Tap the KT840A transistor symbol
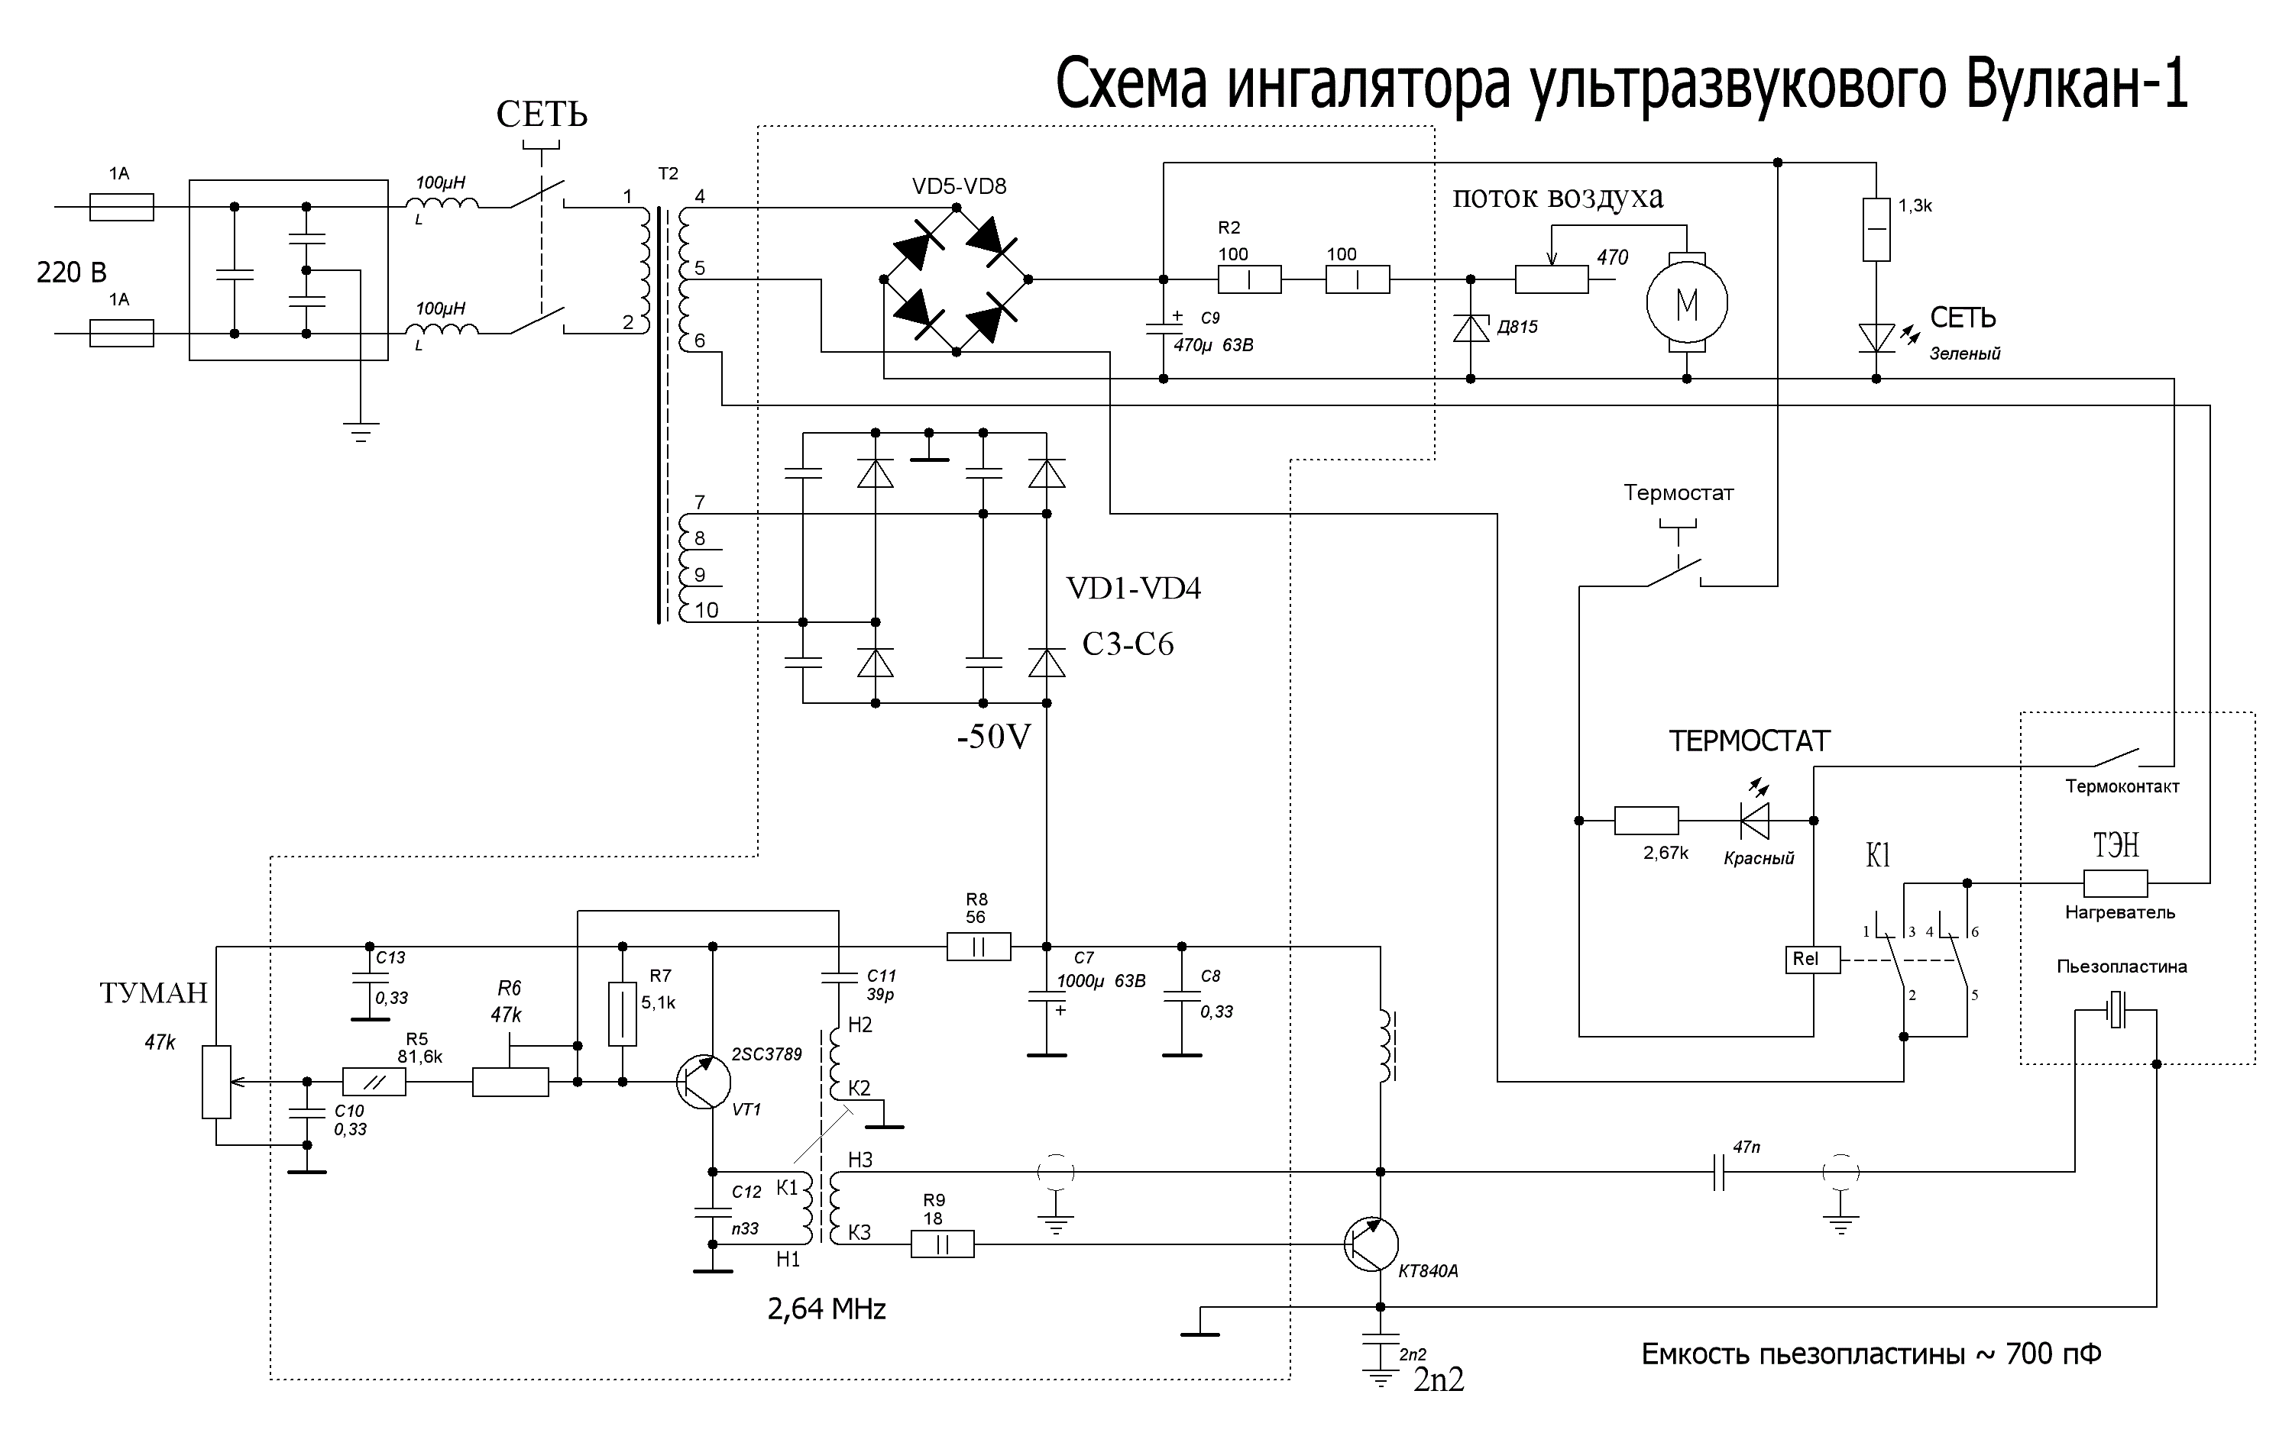pos(1371,1244)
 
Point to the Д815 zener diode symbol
pos(1471,328)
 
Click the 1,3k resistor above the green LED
pos(1876,230)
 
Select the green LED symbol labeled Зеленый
pos(1876,338)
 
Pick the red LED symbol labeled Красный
pos(1753,821)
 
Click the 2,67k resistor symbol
pos(1646,821)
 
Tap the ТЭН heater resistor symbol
pos(2116,884)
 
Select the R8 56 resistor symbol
pos(978,947)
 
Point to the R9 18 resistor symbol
pos(943,1244)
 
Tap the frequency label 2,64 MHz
pos(827,1310)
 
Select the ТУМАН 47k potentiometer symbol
pos(217,1082)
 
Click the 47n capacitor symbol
pos(1718,1173)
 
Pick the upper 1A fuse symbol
pos(121,207)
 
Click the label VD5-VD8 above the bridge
pos(959,187)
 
